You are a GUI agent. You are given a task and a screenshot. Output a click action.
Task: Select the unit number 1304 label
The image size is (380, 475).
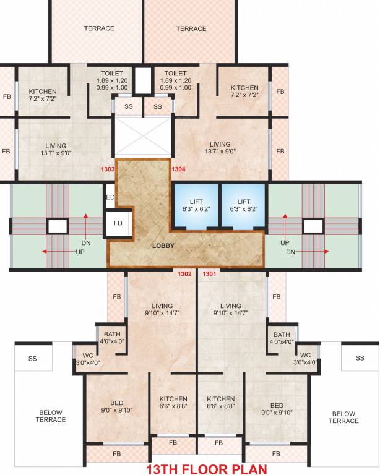click(x=179, y=169)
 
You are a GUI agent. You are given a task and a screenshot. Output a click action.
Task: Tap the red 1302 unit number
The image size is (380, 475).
click(x=184, y=273)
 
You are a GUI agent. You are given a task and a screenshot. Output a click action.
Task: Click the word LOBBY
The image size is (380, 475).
click(x=164, y=246)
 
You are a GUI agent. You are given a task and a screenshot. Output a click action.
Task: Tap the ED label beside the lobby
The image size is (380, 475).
click(x=110, y=198)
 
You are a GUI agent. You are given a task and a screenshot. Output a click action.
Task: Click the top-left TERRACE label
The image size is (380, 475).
click(x=99, y=28)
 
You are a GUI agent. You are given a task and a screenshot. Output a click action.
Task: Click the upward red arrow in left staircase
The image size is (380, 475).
click(x=85, y=218)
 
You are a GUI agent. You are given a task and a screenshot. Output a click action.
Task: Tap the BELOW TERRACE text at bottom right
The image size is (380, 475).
click(x=343, y=417)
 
